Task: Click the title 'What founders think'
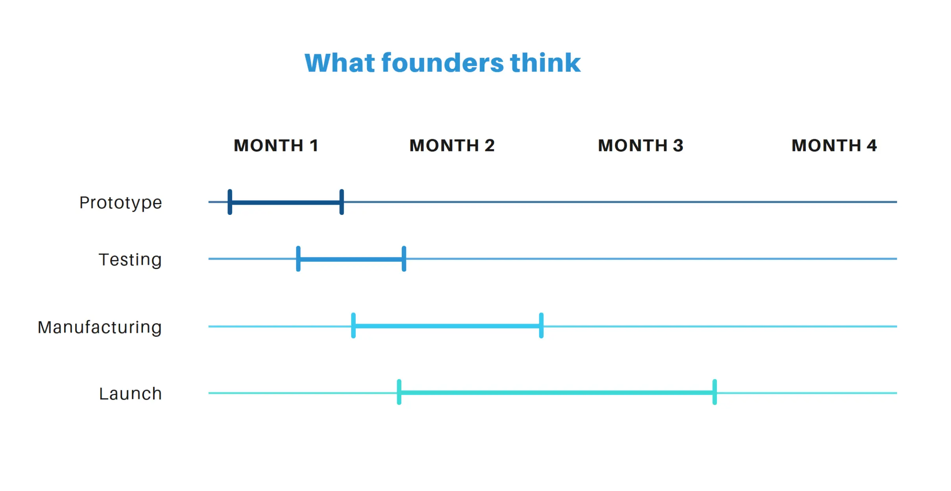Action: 442,63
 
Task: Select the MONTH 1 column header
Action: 276,146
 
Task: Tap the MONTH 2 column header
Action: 452,146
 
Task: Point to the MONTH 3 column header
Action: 641,146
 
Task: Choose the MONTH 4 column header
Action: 834,146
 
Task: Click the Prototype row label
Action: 120,203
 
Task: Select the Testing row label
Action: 130,260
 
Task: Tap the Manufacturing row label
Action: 100,327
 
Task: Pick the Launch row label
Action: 130,393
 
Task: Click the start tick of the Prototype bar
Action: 230,202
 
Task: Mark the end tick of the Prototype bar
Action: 342,202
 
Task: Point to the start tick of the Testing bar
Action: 298,259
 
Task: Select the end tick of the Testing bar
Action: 404,259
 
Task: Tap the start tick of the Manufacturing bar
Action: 353,326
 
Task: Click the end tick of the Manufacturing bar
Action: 541,326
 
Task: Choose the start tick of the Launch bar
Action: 399,392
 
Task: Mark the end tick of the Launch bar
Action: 715,392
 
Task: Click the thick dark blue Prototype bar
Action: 286,203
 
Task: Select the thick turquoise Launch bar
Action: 557,393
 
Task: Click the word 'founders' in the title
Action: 442,63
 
